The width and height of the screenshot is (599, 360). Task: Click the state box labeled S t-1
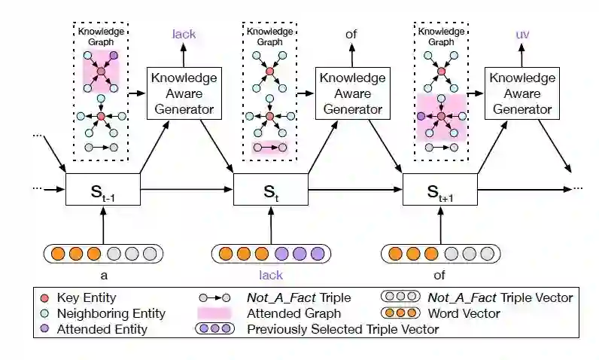pos(103,188)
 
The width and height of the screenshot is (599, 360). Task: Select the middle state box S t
pos(270,188)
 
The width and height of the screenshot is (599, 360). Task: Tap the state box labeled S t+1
pos(439,188)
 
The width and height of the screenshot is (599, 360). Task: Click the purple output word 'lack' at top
pos(184,34)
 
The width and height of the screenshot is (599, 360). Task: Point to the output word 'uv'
pos(522,34)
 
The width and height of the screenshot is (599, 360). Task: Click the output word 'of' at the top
pos(352,34)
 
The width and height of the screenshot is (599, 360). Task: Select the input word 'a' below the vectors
pos(103,276)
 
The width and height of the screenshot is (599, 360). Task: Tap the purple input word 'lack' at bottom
pos(270,276)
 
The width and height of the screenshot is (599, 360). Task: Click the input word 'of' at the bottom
pos(439,276)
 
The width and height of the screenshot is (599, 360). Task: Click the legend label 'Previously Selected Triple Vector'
pos(342,329)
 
